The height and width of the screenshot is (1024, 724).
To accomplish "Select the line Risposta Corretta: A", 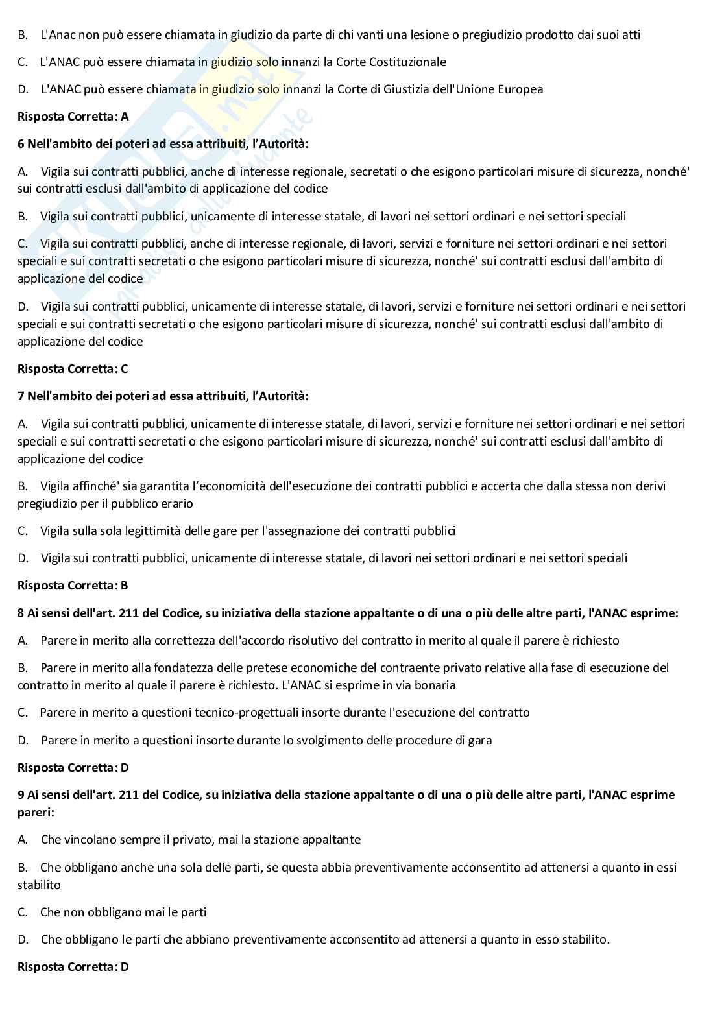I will click(x=73, y=117).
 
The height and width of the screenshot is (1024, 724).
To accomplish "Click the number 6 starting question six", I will click(x=21, y=144).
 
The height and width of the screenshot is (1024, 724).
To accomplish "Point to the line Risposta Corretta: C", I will click(x=73, y=369).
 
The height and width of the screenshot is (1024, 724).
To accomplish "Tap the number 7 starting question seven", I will click(x=21, y=396).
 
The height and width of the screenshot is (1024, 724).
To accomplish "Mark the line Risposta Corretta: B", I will click(x=73, y=586).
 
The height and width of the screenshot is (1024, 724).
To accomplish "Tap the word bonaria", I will click(x=433, y=685).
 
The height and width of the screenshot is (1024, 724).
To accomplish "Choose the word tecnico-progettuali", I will click(x=245, y=713).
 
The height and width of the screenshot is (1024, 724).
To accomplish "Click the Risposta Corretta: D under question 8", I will click(x=73, y=768).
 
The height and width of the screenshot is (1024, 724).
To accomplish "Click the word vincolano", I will click(x=93, y=840).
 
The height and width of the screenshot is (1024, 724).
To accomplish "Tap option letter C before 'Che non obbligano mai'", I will click(x=23, y=912).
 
